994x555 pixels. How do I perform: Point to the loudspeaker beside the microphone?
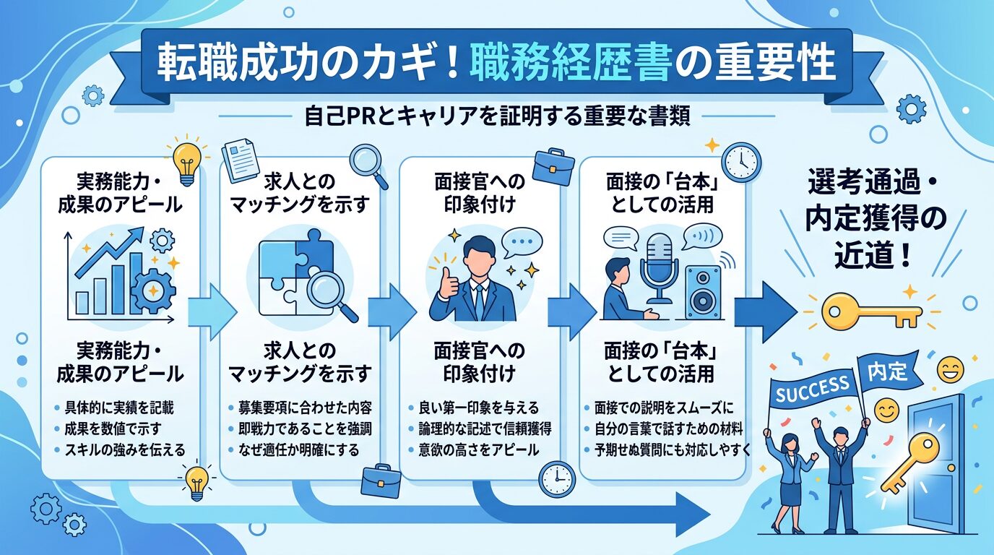[x=701, y=292]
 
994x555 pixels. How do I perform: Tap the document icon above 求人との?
[x=241, y=160]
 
